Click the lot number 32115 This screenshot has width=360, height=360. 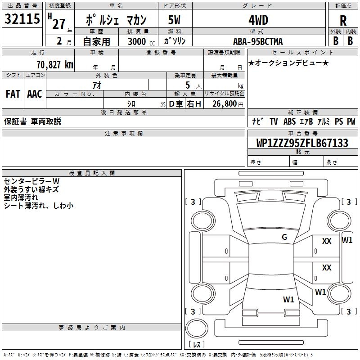[22, 18]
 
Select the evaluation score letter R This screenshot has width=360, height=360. [343, 21]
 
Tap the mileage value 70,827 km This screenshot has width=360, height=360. [55, 65]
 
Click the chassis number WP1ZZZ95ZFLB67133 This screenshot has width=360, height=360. [302, 143]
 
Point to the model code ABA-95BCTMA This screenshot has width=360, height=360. [258, 41]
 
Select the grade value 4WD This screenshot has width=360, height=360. [258, 20]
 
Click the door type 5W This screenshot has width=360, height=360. [174, 20]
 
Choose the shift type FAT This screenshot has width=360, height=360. [13, 94]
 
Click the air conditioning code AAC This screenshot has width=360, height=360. [35, 94]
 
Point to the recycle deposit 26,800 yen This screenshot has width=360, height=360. [228, 104]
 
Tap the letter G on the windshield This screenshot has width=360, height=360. [284, 237]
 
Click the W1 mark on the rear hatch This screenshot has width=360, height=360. [288, 299]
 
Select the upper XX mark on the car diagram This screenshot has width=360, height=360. [327, 241]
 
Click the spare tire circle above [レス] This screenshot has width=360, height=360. [197, 328]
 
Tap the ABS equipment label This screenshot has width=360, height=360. [289, 121]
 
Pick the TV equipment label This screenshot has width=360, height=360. [274, 121]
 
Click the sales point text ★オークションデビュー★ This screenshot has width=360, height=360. [288, 63]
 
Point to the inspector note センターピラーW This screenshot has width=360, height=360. [31, 181]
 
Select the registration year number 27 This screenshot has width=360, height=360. [59, 24]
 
